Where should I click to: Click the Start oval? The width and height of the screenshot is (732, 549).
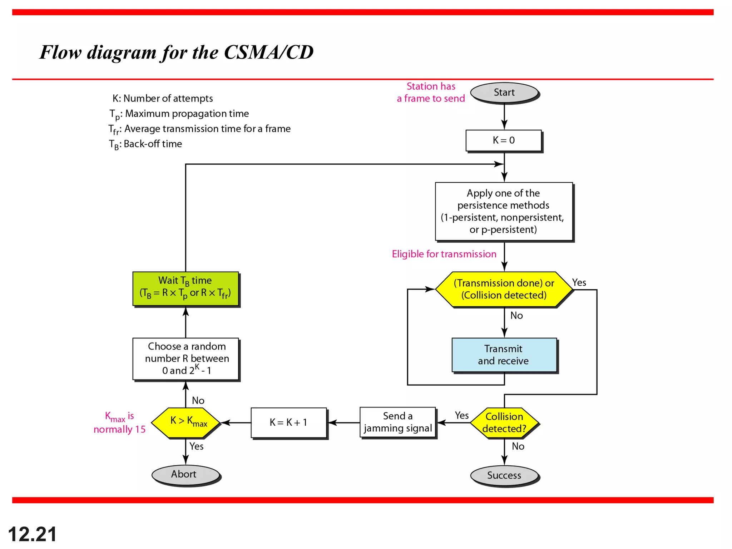pyautogui.click(x=504, y=93)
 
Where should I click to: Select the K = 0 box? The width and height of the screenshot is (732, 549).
pyautogui.click(x=503, y=140)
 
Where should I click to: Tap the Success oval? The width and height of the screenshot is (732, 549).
pyautogui.click(x=504, y=475)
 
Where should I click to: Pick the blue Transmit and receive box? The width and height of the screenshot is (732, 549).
pyautogui.click(x=504, y=355)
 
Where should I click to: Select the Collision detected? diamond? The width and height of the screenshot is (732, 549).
pyautogui.click(x=504, y=422)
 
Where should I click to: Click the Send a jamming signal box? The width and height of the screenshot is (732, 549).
pyautogui.click(x=397, y=422)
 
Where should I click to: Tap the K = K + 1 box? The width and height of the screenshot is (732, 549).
pyautogui.click(x=288, y=422)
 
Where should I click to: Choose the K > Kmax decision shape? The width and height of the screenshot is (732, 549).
pyautogui.click(x=186, y=422)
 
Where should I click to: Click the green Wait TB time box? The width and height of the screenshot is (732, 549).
pyautogui.click(x=185, y=288)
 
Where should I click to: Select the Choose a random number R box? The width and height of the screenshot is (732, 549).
pyautogui.click(x=186, y=358)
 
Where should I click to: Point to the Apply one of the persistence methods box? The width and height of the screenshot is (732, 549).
pyautogui.click(x=503, y=212)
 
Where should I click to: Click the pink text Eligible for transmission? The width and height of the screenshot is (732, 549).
pyautogui.click(x=444, y=254)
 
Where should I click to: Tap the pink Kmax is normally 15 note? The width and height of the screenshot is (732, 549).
pyautogui.click(x=120, y=423)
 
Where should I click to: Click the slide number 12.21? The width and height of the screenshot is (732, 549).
pyautogui.click(x=32, y=534)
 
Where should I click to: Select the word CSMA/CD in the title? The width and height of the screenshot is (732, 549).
pyautogui.click(x=268, y=52)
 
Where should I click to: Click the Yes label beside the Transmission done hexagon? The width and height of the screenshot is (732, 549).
pyautogui.click(x=579, y=283)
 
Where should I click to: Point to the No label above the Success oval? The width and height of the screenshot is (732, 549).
pyautogui.click(x=518, y=446)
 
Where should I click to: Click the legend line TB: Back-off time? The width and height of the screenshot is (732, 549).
pyautogui.click(x=145, y=144)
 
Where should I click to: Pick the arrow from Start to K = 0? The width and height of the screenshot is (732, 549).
pyautogui.click(x=504, y=117)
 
